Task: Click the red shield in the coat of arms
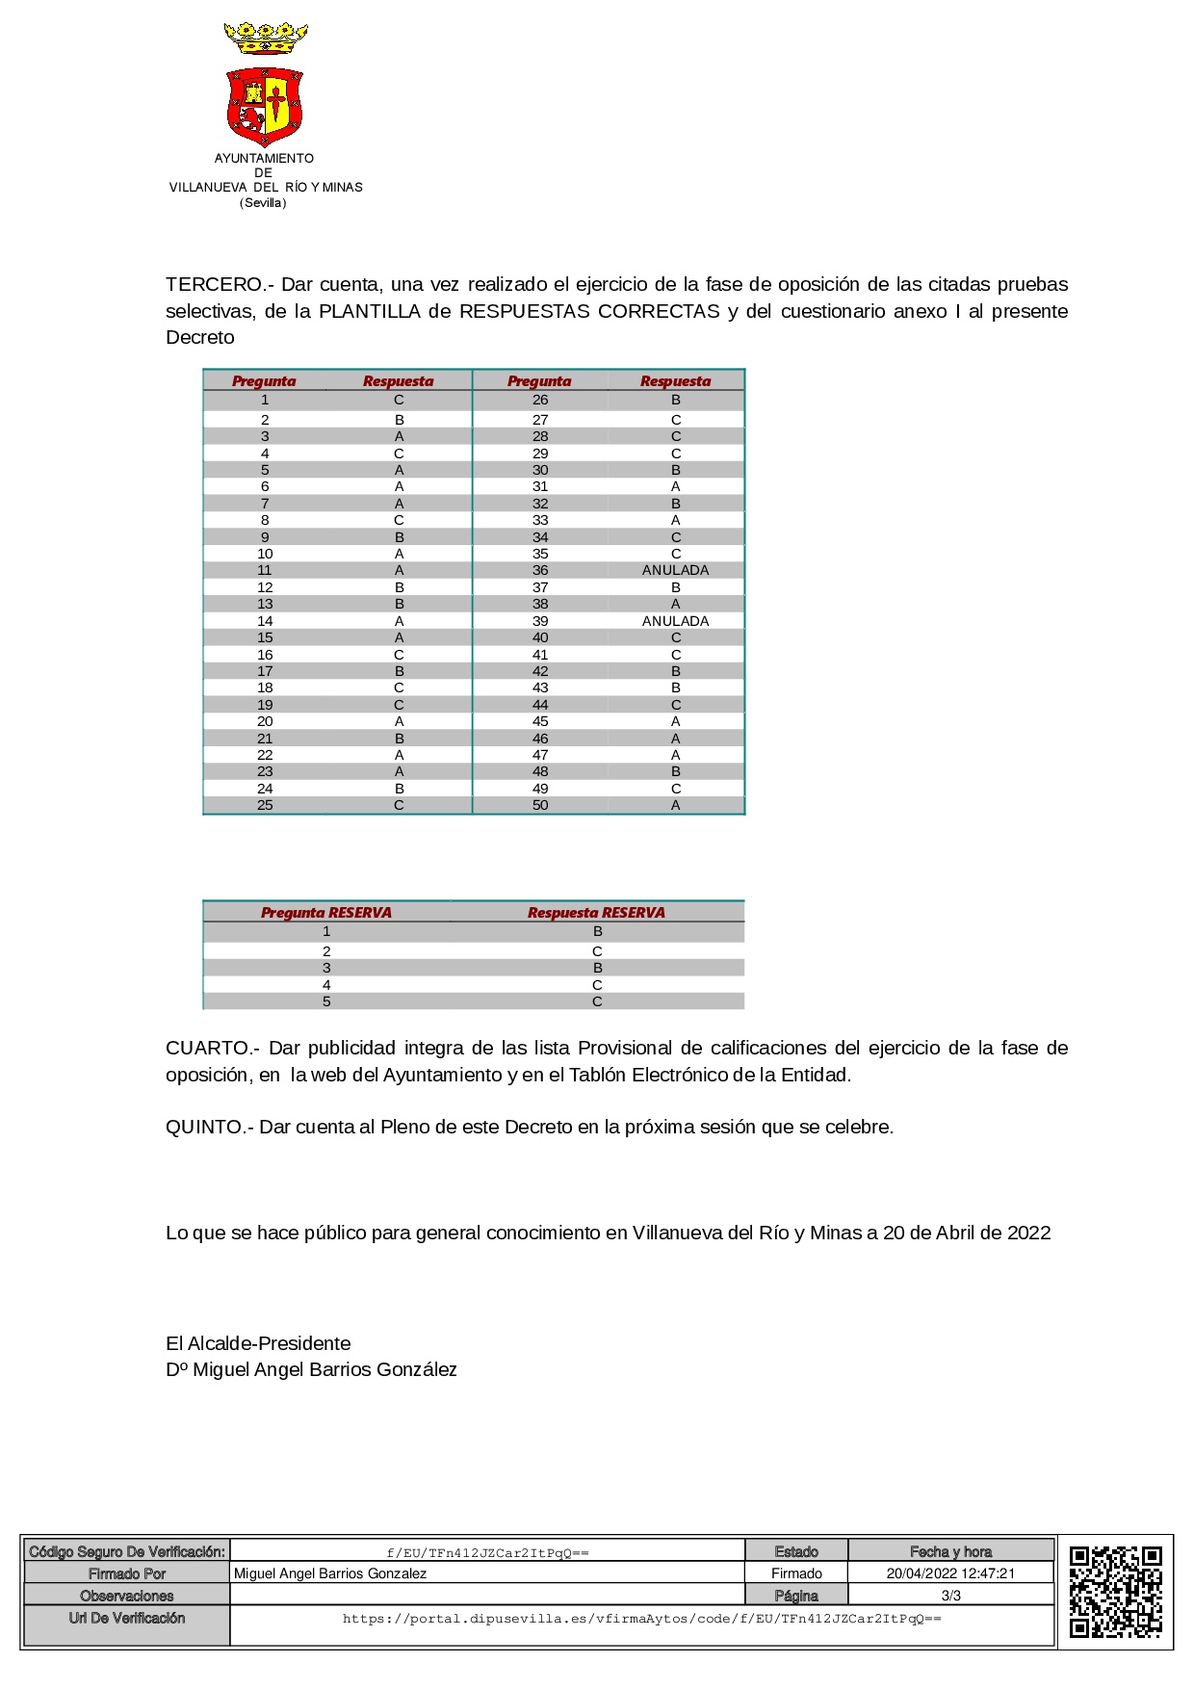pos(265,105)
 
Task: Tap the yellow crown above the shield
pos(265,39)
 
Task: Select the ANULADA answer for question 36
pos(675,571)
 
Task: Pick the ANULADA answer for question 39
pos(675,621)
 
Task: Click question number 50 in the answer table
pos(540,805)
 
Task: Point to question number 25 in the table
pos(265,805)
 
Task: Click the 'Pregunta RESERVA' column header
pos(326,913)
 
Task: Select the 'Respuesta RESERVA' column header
pos(596,913)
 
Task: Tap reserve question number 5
pos(326,1001)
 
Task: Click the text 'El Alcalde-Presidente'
pos(258,1343)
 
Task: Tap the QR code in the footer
pos(1115,1592)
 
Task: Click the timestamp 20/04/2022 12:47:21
pos(950,1573)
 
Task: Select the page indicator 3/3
pos(950,1596)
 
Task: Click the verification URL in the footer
pos(641,1619)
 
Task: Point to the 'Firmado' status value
pos(796,1573)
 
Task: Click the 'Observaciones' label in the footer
pos(127,1596)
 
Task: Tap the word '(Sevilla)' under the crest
pos(264,203)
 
